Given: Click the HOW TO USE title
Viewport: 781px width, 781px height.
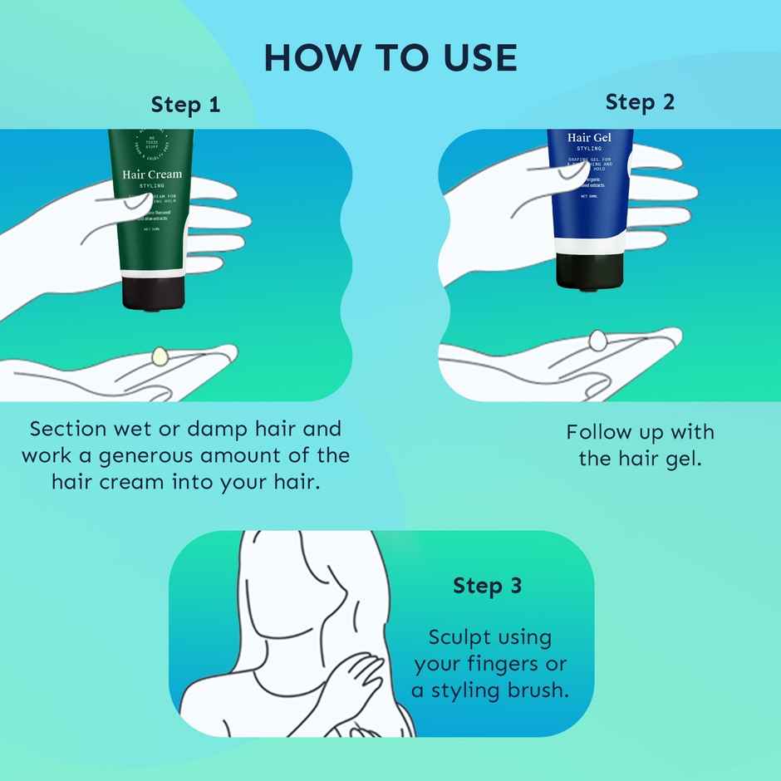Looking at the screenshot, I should click(x=390, y=58).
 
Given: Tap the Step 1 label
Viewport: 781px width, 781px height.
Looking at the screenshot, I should click(x=185, y=105).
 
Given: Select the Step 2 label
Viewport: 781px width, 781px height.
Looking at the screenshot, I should click(x=640, y=102).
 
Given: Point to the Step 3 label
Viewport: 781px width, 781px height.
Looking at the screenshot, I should click(x=487, y=586).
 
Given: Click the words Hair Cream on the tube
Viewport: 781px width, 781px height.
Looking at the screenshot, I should click(x=152, y=174).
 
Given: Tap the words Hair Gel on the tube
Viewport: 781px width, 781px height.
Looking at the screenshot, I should click(x=589, y=137).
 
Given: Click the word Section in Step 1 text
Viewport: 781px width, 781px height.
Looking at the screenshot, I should click(x=68, y=430).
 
